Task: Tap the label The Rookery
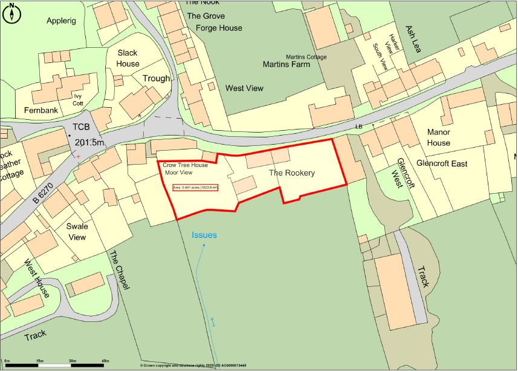click(292, 173)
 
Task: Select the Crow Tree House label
click(185, 165)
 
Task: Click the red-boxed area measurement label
click(195, 188)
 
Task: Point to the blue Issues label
click(204, 235)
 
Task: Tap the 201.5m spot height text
click(90, 142)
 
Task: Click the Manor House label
click(439, 137)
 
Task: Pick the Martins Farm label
click(286, 64)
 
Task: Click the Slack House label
click(128, 58)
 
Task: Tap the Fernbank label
click(40, 111)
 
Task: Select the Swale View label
click(77, 232)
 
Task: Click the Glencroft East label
click(442, 164)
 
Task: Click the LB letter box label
click(358, 126)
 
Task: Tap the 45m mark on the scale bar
click(105, 361)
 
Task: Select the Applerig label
click(62, 21)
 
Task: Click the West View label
click(244, 88)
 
